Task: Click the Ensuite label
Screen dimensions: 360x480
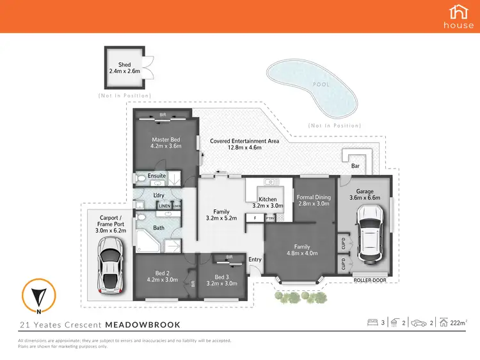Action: (157, 176)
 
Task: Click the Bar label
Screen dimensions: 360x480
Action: (355, 166)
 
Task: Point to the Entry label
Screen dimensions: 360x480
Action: (255, 259)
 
